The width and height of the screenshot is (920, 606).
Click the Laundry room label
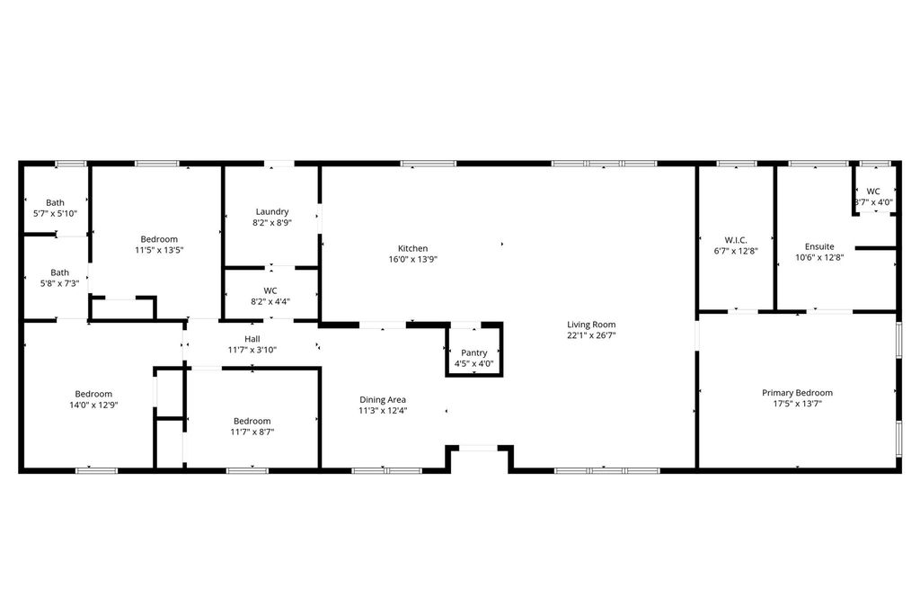[x=272, y=211]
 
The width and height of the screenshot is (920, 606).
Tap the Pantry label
[x=474, y=353]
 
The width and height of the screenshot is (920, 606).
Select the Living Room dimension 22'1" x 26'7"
[x=591, y=335]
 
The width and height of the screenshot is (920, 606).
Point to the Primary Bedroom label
[x=798, y=393]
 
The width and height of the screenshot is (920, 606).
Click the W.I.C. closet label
[x=736, y=240]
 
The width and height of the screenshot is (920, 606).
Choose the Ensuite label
[x=819, y=246]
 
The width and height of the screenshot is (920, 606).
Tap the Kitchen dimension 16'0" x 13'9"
[x=413, y=259]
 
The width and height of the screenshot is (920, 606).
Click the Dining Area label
[x=383, y=400]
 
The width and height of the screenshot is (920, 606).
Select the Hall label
[x=252, y=339]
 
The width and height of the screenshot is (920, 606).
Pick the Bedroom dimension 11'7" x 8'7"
[x=252, y=432]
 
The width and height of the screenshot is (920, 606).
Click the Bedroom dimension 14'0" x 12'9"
[x=93, y=405]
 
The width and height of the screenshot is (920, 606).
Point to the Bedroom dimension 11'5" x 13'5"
[x=159, y=250]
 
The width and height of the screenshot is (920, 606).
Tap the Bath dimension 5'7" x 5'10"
[x=55, y=214]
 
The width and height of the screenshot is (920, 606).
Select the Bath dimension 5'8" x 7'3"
[x=60, y=283]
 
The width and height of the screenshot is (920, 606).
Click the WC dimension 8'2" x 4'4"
[x=270, y=301]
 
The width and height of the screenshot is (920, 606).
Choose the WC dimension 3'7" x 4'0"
[x=873, y=202]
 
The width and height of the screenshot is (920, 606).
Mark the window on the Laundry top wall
[x=279, y=164]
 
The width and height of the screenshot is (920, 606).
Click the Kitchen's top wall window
[x=429, y=164]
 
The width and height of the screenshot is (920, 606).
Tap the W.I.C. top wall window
[x=737, y=164]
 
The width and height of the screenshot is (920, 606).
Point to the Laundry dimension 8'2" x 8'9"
[x=272, y=223]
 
